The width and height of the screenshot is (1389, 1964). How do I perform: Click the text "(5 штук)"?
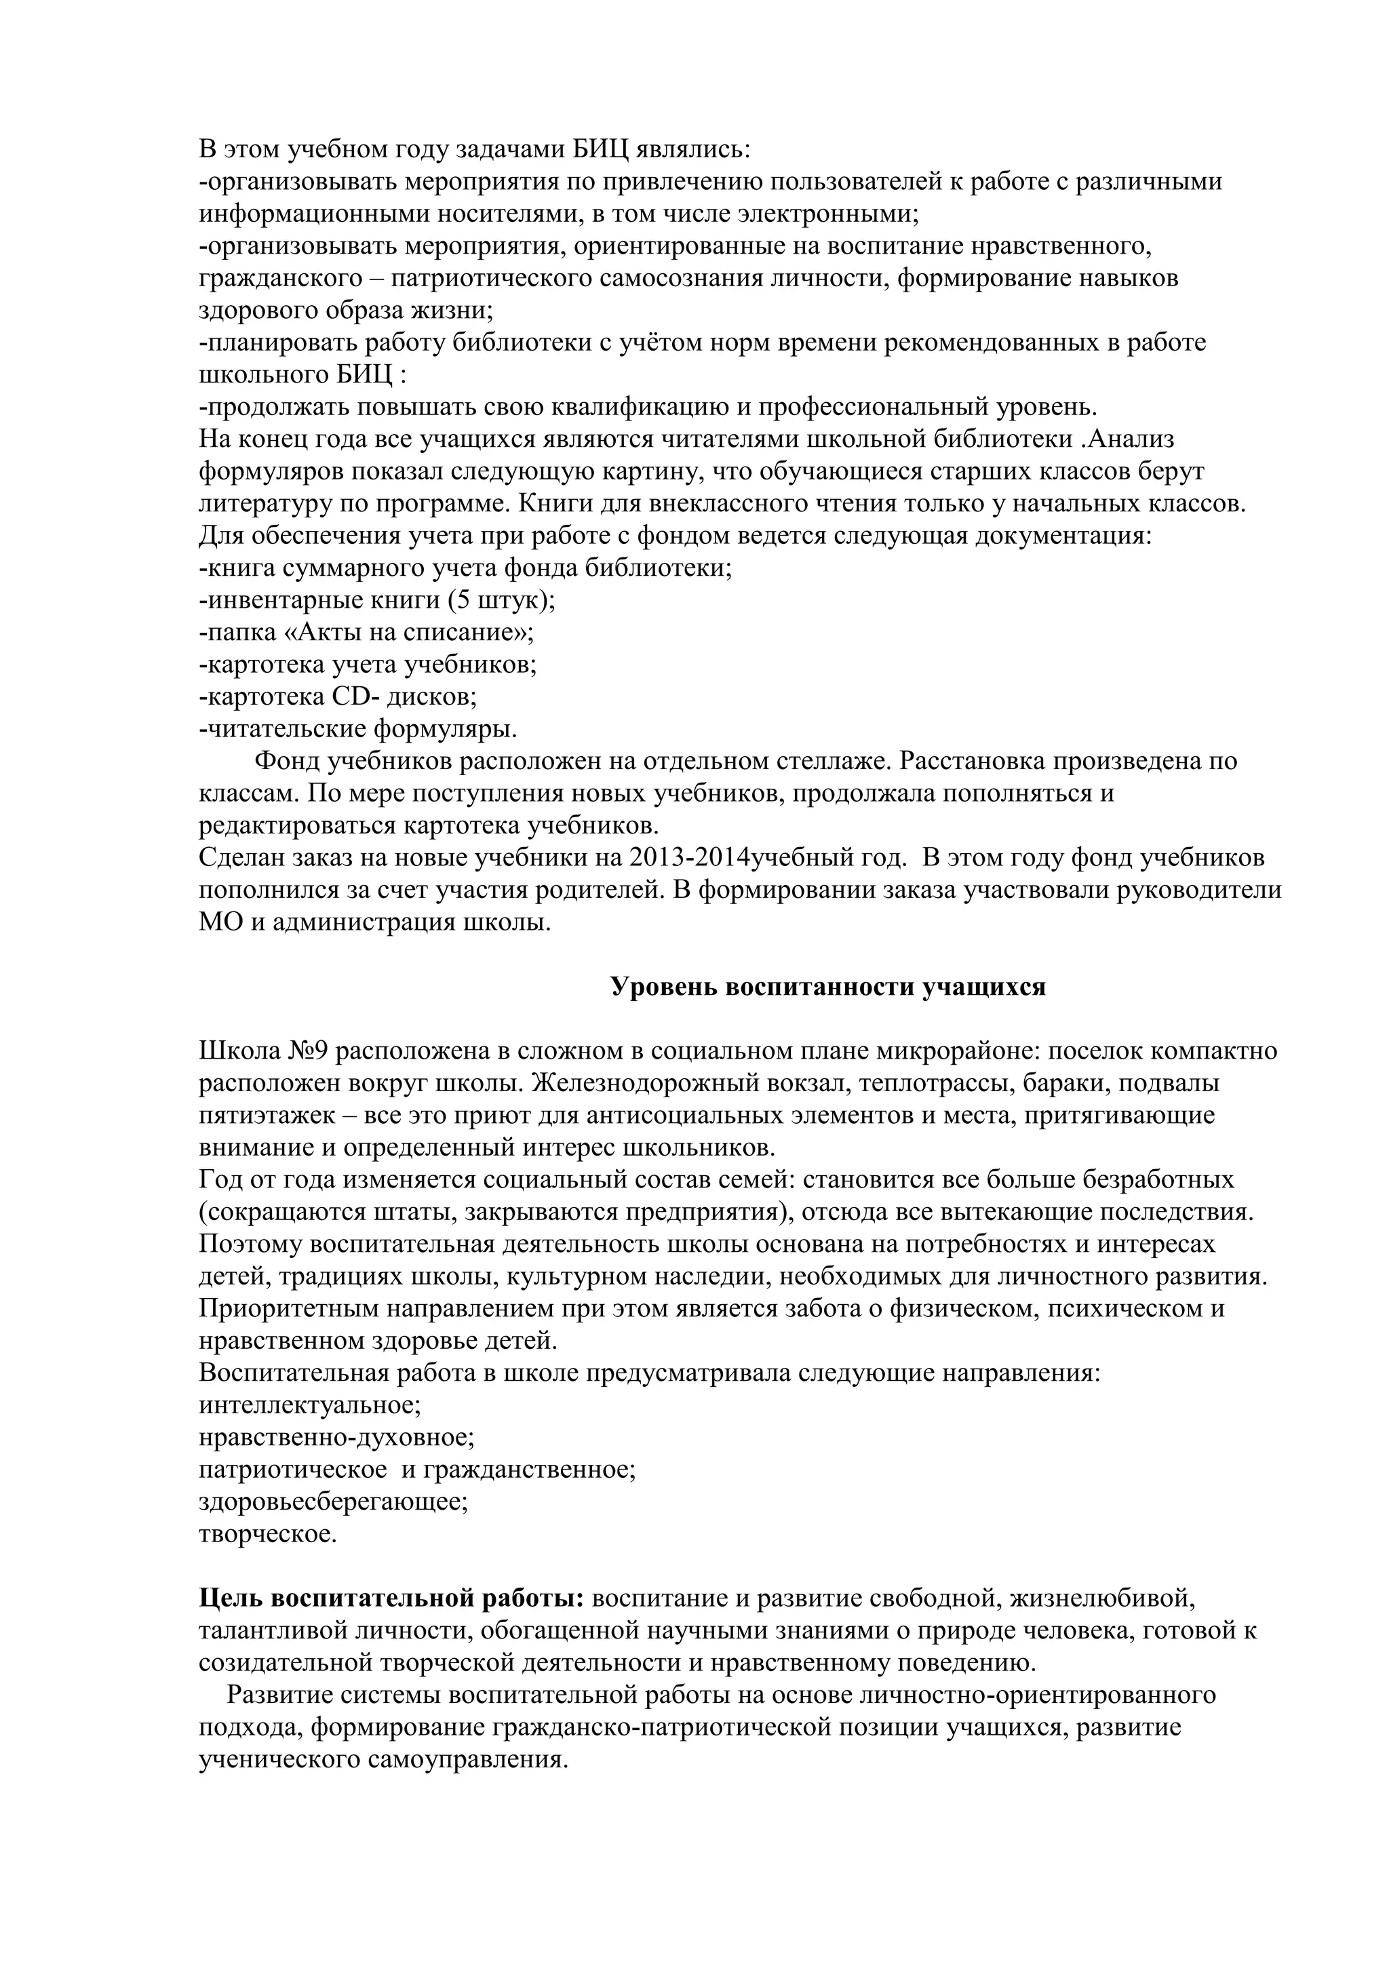pyautogui.click(x=501, y=600)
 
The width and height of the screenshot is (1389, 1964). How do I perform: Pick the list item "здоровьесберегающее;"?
pyautogui.click(x=333, y=1501)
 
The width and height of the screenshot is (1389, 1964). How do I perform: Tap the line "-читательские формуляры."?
pyautogui.click(x=357, y=729)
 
